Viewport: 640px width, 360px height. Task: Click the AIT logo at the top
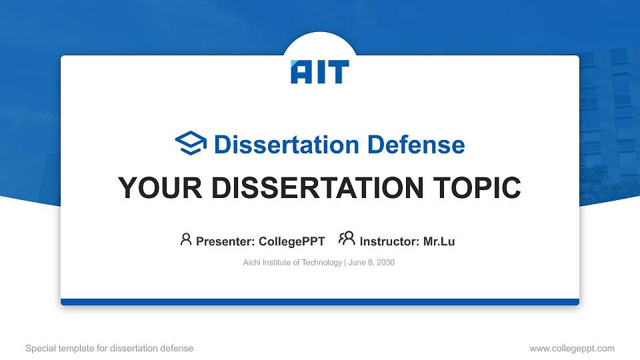click(319, 72)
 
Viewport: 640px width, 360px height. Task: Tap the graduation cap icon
click(191, 143)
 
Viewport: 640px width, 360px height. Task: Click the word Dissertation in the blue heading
click(286, 145)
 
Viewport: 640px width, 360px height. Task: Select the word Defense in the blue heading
click(416, 145)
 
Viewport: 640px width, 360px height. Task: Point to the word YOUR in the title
click(160, 188)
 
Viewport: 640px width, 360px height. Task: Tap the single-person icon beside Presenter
click(186, 239)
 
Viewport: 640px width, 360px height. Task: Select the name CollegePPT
click(292, 241)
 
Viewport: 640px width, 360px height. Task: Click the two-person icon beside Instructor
click(347, 239)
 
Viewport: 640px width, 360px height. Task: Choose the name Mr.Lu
click(439, 241)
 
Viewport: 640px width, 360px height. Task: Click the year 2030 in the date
click(386, 263)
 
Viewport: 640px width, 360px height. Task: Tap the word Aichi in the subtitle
click(251, 263)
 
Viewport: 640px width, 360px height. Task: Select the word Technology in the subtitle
click(321, 263)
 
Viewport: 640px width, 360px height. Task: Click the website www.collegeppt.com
click(572, 349)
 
